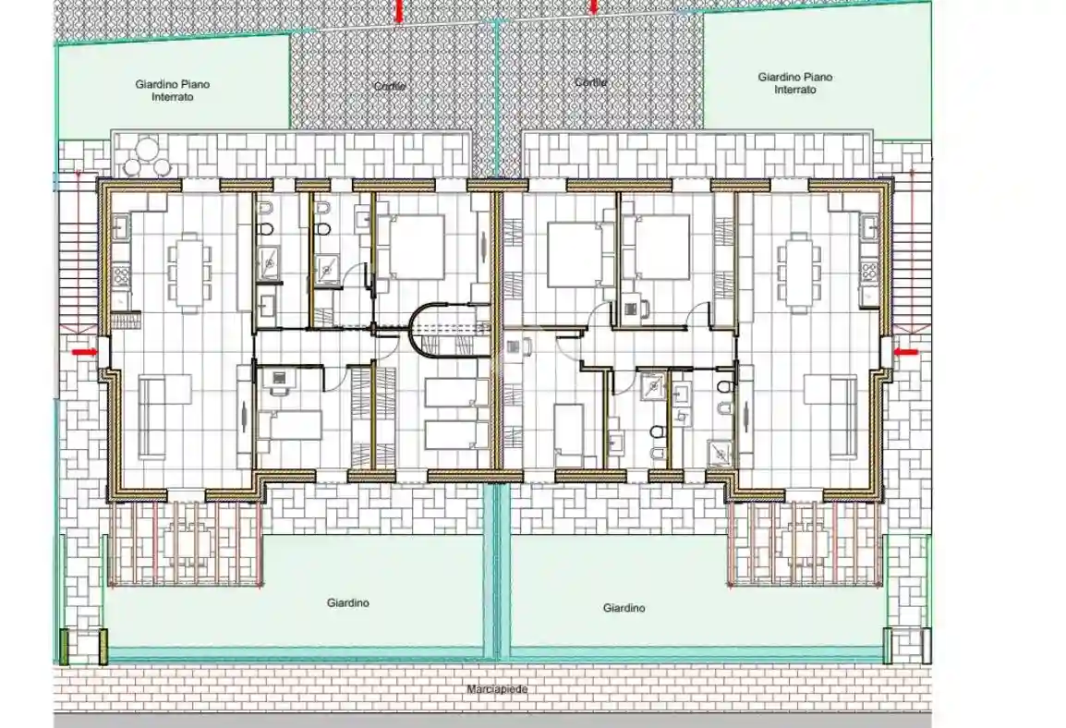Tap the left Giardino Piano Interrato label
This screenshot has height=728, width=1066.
pos(173,91)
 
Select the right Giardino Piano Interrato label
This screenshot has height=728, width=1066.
pos(794,83)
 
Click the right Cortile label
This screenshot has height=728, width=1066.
pos(590,82)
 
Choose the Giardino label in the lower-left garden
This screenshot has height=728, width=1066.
pos(348,603)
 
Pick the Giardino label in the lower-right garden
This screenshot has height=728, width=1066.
pos(624,608)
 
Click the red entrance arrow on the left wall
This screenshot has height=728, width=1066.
pos(85,351)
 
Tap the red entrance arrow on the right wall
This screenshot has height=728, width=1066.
pos(907,352)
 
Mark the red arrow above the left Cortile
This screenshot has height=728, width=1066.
pos(398,10)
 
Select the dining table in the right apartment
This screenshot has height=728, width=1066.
pos(795,269)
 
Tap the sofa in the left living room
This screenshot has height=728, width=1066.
pos(153,416)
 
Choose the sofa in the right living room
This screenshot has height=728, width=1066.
pos(842,416)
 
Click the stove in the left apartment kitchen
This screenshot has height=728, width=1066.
pos(120,274)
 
